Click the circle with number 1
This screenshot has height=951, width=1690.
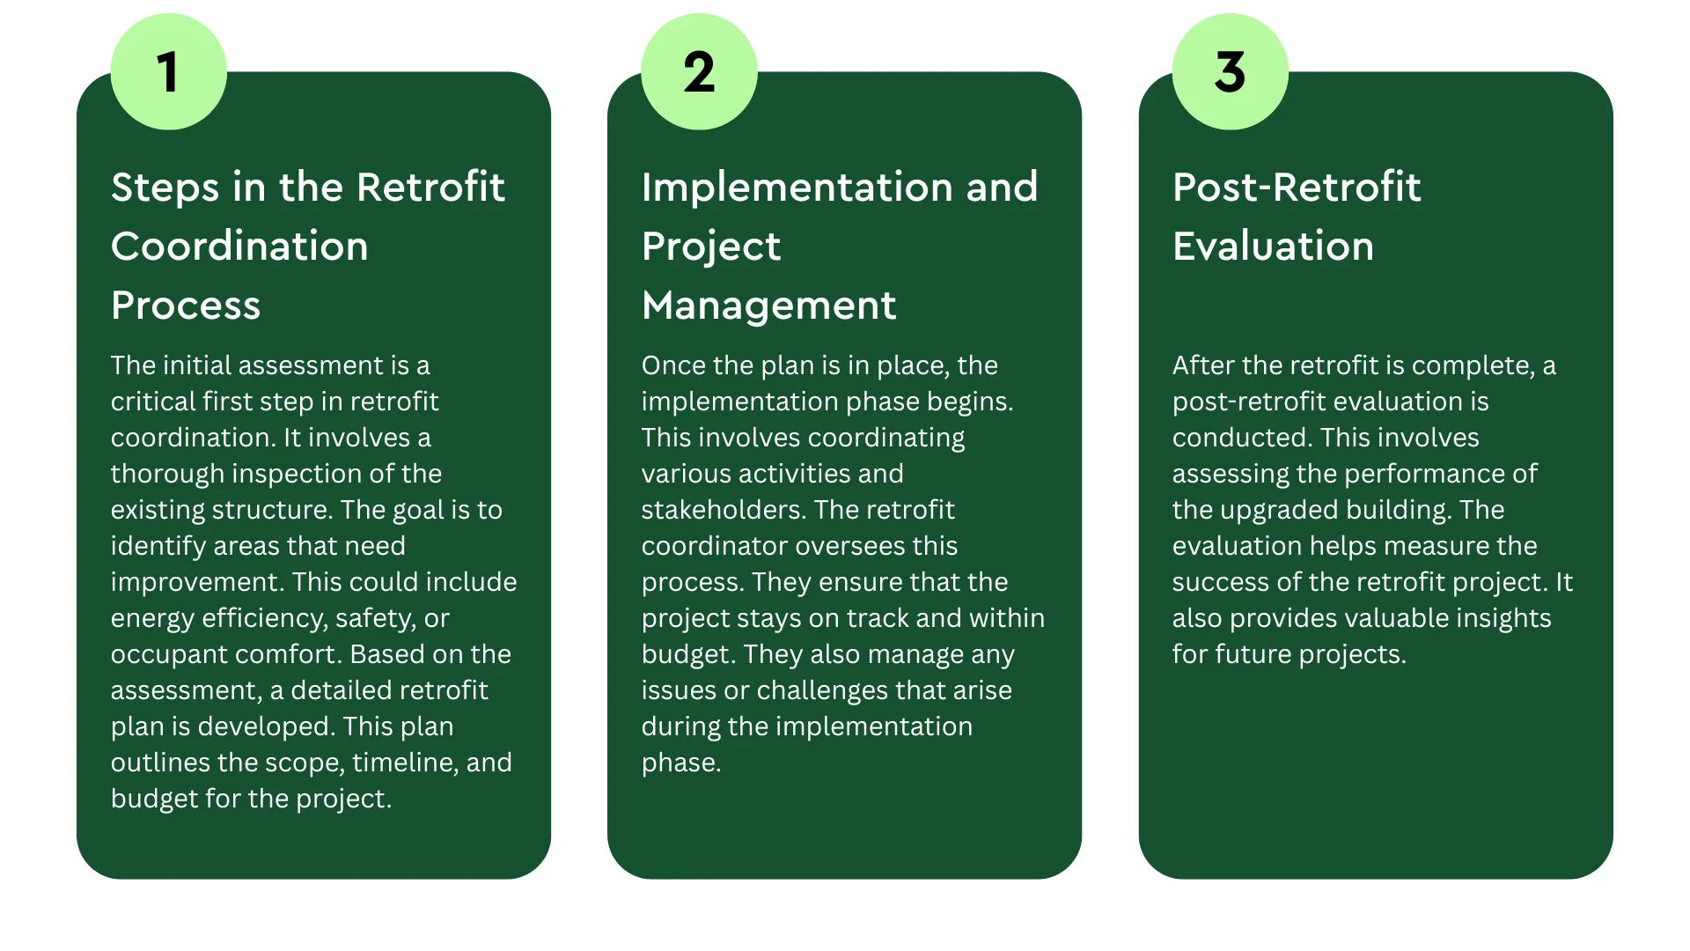168,72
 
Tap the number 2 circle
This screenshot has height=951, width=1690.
699,72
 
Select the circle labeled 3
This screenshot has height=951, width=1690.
1230,72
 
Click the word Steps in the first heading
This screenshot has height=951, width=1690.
165,188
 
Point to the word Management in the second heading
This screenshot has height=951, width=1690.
768,306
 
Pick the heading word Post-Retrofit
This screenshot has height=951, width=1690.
1297,188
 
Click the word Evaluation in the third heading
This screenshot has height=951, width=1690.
1273,247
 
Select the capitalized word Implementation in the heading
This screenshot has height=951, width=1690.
797,188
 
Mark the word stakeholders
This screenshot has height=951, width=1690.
722,510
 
